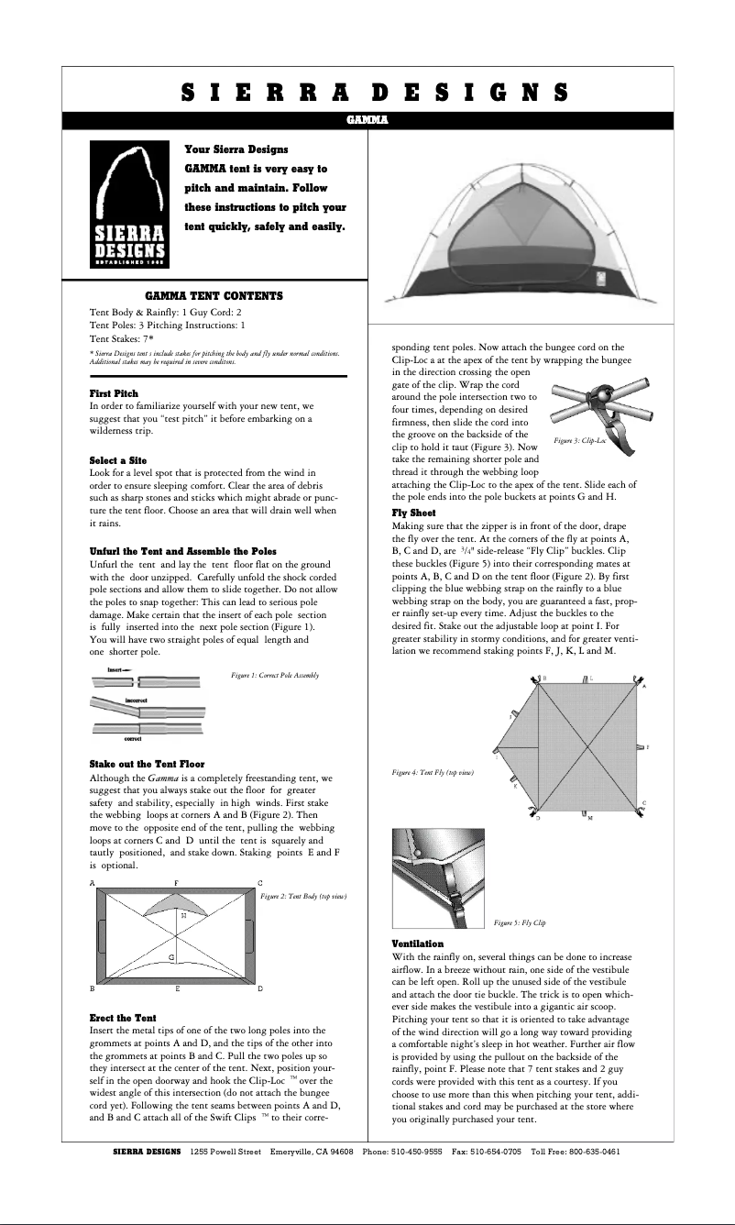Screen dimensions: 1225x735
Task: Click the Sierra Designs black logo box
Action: [x=130, y=204]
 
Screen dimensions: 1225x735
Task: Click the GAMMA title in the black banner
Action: [x=367, y=120]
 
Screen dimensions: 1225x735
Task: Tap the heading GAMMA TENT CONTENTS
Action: [x=214, y=296]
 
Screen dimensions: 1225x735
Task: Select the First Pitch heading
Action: [x=114, y=393]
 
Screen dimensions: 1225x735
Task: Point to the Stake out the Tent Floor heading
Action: [x=147, y=764]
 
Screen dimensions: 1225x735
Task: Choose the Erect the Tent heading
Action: [x=122, y=1018]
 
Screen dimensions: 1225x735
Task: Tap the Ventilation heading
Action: [x=417, y=944]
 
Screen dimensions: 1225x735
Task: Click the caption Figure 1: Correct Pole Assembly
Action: [x=275, y=675]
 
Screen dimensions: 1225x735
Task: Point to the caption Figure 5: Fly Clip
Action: [x=520, y=922]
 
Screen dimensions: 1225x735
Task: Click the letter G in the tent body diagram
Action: [x=171, y=957]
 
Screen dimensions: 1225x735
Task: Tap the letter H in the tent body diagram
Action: [x=183, y=915]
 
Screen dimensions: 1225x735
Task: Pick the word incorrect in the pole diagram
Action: [x=137, y=700]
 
